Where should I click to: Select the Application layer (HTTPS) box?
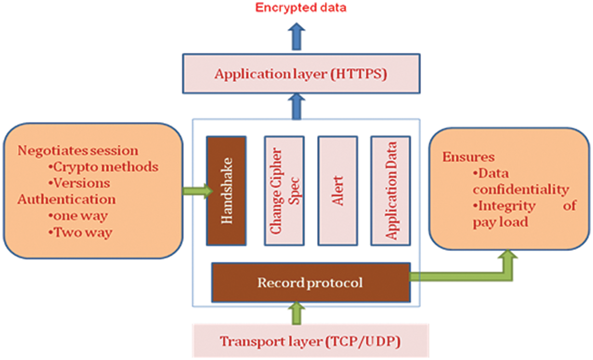coord(301,74)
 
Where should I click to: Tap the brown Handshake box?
coord(226,190)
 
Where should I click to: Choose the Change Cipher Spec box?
coord(283,190)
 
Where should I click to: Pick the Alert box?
coord(337,190)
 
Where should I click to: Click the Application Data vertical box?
coord(391,190)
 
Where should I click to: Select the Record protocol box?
coord(311,282)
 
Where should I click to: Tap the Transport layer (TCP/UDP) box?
coord(311,341)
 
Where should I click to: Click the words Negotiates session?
coord(78,151)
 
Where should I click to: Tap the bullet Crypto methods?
coord(103,167)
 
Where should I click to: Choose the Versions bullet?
coord(79,183)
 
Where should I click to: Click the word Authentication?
coord(66,199)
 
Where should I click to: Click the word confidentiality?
coord(521,190)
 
